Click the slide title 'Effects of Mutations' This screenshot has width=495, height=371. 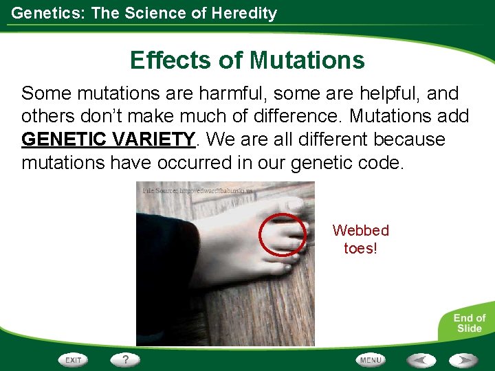pos(247,60)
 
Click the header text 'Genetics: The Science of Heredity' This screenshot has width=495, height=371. pos(144,13)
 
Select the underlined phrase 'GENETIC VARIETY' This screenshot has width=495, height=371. pos(109,139)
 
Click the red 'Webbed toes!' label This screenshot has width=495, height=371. pos(360,239)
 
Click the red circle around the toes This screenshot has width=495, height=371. pos(283,234)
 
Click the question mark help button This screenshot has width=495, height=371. pos(126,359)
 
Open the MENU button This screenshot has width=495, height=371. pos(371,359)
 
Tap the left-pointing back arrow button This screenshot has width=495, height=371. pos(420,359)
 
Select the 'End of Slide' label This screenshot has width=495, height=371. pos(469,323)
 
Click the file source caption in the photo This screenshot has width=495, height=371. pos(197,190)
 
